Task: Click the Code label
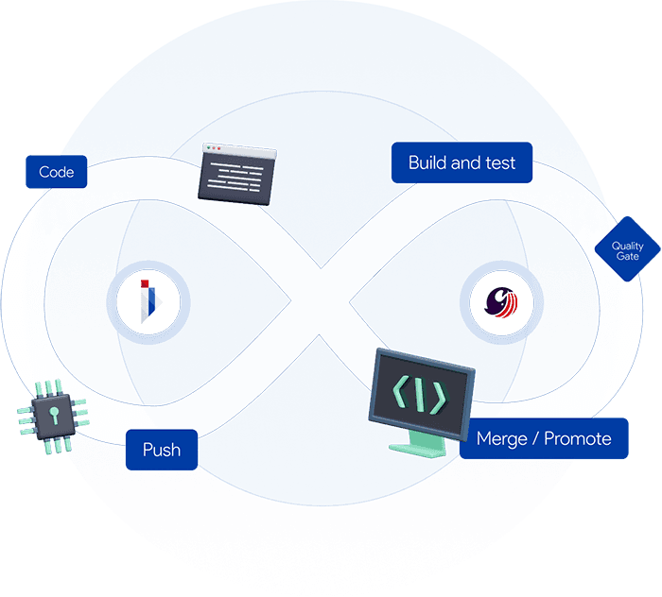click(57, 172)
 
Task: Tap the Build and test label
click(462, 162)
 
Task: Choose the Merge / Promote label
click(544, 438)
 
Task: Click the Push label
click(162, 450)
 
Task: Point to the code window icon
click(237, 171)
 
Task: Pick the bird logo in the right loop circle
click(501, 303)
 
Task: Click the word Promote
click(577, 438)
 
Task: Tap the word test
click(500, 162)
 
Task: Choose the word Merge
click(501, 438)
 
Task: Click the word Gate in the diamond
click(627, 257)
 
